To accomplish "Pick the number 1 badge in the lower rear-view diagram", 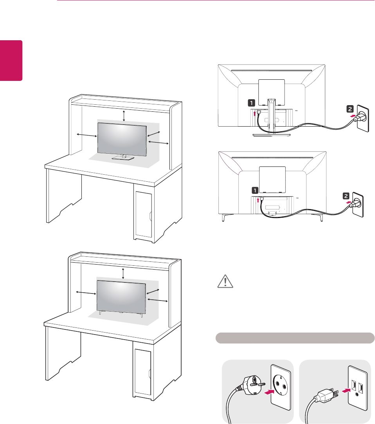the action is tap(255, 190).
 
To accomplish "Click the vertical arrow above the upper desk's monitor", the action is tap(124, 116).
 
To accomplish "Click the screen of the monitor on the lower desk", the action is tap(121, 295).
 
